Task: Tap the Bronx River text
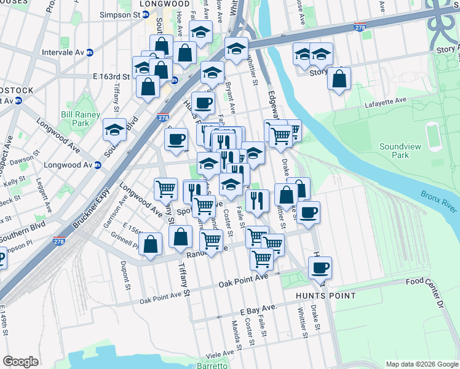(x=439, y=201)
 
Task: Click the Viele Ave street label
(x=220, y=353)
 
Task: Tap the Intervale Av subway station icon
(x=90, y=52)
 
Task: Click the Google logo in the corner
(x=20, y=362)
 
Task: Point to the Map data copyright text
(x=421, y=364)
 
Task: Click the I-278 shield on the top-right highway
(x=361, y=28)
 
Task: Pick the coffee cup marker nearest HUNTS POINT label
(x=320, y=268)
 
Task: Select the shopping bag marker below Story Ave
(x=339, y=78)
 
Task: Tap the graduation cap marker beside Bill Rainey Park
(x=114, y=129)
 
